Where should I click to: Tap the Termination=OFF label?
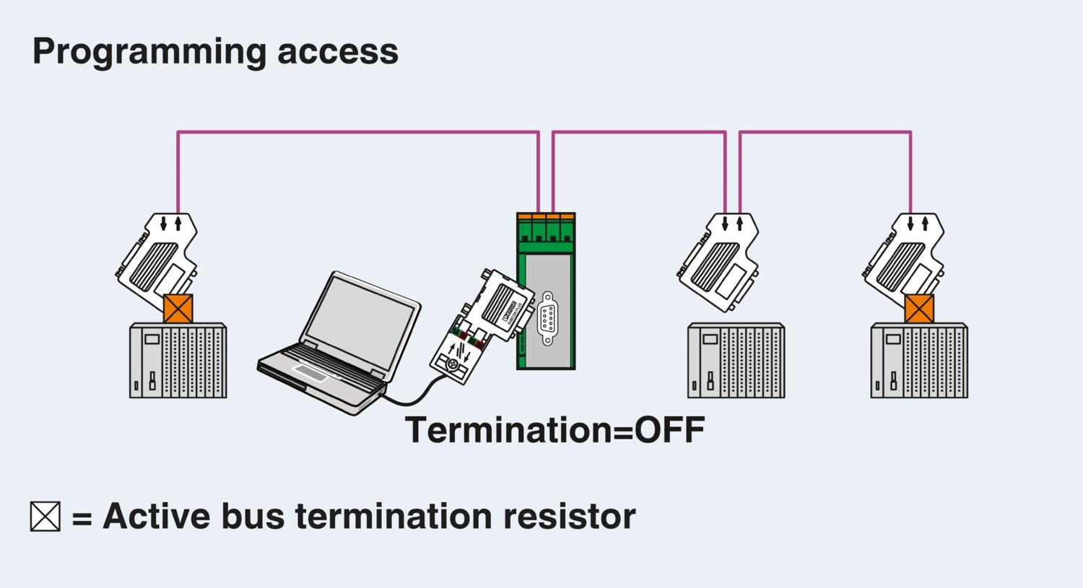coord(554,430)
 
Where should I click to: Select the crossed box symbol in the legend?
coord(45,517)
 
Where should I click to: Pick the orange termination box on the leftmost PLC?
coord(178,309)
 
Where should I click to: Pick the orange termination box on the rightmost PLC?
coord(919,309)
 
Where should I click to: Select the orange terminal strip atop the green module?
coord(546,216)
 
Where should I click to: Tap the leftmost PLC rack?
coord(178,361)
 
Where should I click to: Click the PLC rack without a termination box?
coord(736,361)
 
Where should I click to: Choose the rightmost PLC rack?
coord(919,361)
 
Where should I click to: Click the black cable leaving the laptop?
coord(412,395)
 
